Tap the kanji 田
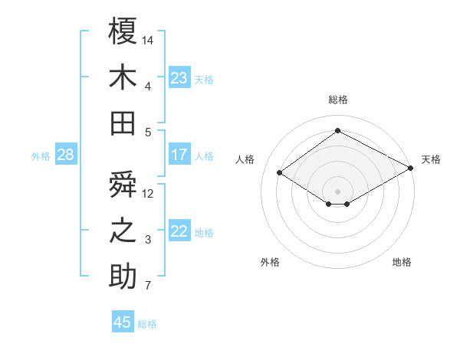123,123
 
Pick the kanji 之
123,231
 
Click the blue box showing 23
179,77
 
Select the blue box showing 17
179,155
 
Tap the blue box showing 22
179,232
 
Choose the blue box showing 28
65,155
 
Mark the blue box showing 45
123,322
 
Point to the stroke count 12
149,193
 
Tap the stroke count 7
147,286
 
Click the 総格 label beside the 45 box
147,324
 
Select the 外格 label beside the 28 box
41,156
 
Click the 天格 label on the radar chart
431,159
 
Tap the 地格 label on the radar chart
402,262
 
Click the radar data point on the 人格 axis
280,173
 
